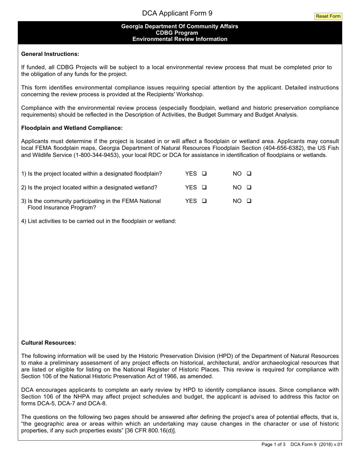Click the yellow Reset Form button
point(328,16)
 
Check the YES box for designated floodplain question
point(204,174)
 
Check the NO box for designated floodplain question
point(249,174)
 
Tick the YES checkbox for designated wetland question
point(204,187)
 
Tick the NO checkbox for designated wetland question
point(249,187)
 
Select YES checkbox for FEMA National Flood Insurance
point(204,201)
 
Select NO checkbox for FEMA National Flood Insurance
point(249,201)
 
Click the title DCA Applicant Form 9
point(177,13)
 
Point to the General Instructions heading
point(50,54)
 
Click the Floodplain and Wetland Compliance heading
point(72,128)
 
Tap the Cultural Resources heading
point(49,342)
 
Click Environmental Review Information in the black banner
point(180,39)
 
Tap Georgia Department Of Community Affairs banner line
point(180,26)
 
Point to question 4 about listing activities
point(99,221)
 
